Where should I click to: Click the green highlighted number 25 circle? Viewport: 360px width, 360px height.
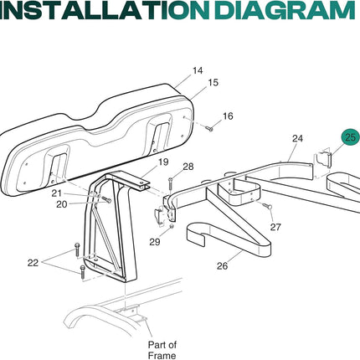click(x=351, y=137)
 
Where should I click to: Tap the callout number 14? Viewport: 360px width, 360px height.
click(x=198, y=70)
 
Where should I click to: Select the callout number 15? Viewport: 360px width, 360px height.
click(x=213, y=83)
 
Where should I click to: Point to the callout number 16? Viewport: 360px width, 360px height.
click(x=228, y=116)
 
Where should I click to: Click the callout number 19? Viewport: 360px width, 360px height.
click(x=163, y=162)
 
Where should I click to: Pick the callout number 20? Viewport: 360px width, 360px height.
click(x=62, y=204)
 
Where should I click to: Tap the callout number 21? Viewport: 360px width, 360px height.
click(x=57, y=193)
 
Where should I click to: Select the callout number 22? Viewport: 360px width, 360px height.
click(x=33, y=263)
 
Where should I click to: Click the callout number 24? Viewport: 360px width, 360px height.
click(x=297, y=138)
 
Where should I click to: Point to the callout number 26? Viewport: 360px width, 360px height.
click(x=222, y=266)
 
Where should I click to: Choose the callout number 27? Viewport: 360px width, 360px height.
click(x=275, y=227)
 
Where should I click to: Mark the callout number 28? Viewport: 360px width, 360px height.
click(x=188, y=167)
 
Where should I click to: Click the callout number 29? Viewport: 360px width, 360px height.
click(x=155, y=242)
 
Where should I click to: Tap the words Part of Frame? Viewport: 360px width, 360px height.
click(x=162, y=350)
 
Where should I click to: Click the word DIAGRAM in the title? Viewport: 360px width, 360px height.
click(x=285, y=10)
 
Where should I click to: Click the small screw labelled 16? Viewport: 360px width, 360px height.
click(x=209, y=128)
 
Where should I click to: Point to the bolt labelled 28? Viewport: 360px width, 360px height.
click(x=171, y=186)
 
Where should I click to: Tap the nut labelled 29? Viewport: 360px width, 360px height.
click(x=172, y=226)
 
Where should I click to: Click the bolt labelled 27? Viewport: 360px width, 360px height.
click(x=268, y=206)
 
